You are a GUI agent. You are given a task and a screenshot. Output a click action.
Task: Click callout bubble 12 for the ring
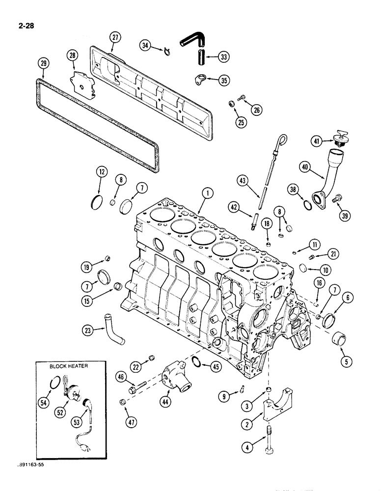(101, 172)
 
